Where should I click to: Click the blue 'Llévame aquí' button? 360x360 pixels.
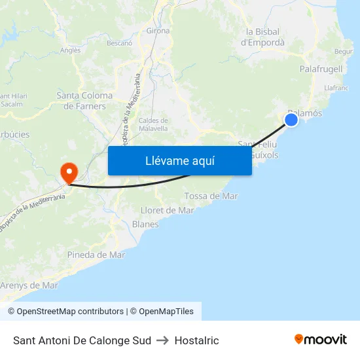tap(179, 160)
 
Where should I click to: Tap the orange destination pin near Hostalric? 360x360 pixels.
tap(69, 171)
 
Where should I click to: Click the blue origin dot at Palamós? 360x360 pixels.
tap(292, 119)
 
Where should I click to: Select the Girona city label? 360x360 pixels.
tap(158, 30)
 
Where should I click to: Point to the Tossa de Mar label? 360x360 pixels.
tap(211, 196)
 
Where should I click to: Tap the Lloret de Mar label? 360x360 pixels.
tap(168, 210)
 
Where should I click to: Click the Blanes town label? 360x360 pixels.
tap(145, 224)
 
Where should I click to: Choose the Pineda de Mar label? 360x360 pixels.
tap(96, 255)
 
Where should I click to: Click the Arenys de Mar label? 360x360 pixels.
tap(29, 285)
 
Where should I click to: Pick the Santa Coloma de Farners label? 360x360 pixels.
tap(84, 101)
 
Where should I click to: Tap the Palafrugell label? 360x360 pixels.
tap(321, 69)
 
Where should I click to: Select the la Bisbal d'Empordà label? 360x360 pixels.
tap(263, 37)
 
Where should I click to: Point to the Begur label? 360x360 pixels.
tap(343, 51)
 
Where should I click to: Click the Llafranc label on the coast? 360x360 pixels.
tap(336, 87)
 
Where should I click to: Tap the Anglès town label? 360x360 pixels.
tap(70, 50)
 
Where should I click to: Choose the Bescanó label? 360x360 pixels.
tap(119, 43)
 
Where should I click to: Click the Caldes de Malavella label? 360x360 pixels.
tap(154, 124)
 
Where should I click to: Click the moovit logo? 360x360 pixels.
tap(320, 340)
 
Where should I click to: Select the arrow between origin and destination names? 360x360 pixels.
tap(163, 340)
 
